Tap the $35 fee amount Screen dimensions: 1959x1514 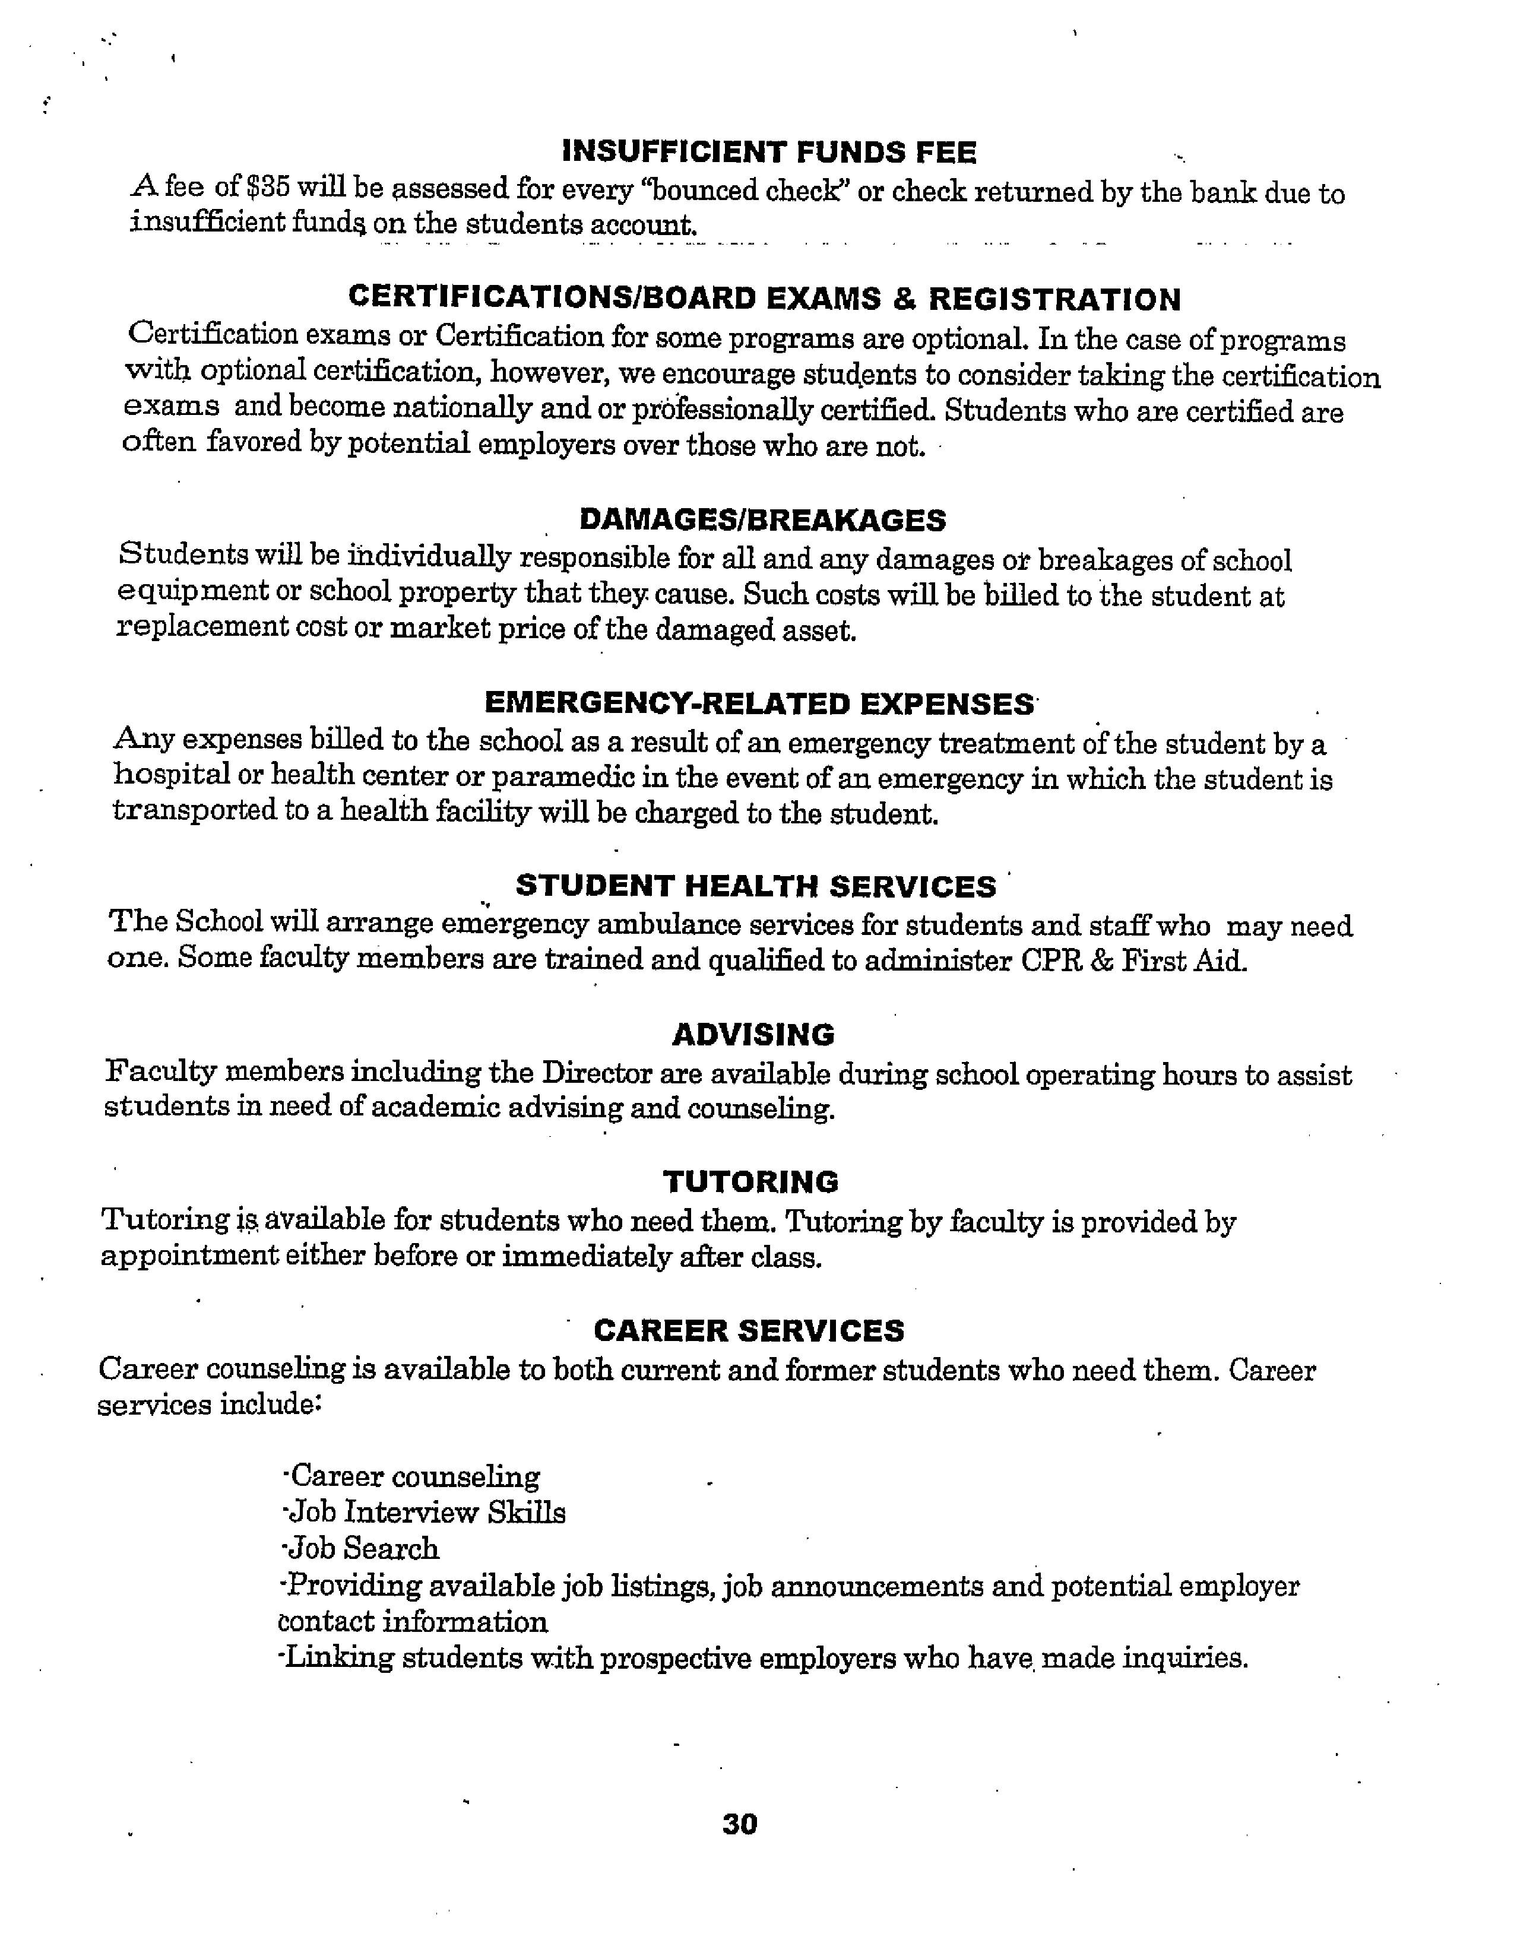[267, 188]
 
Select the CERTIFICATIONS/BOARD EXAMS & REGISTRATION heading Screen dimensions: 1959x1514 [764, 299]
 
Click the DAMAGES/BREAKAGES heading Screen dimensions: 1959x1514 [762, 519]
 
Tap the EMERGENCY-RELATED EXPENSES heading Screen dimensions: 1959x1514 [759, 703]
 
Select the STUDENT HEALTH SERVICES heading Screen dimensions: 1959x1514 [755, 886]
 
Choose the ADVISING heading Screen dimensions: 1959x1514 [753, 1034]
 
